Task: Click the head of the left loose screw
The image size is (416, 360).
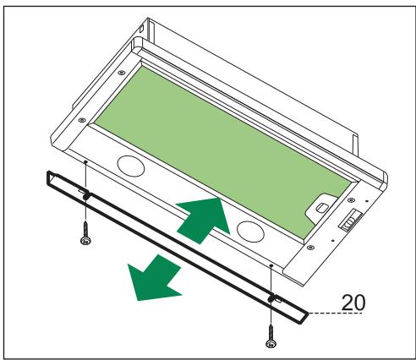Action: click(x=85, y=242)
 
